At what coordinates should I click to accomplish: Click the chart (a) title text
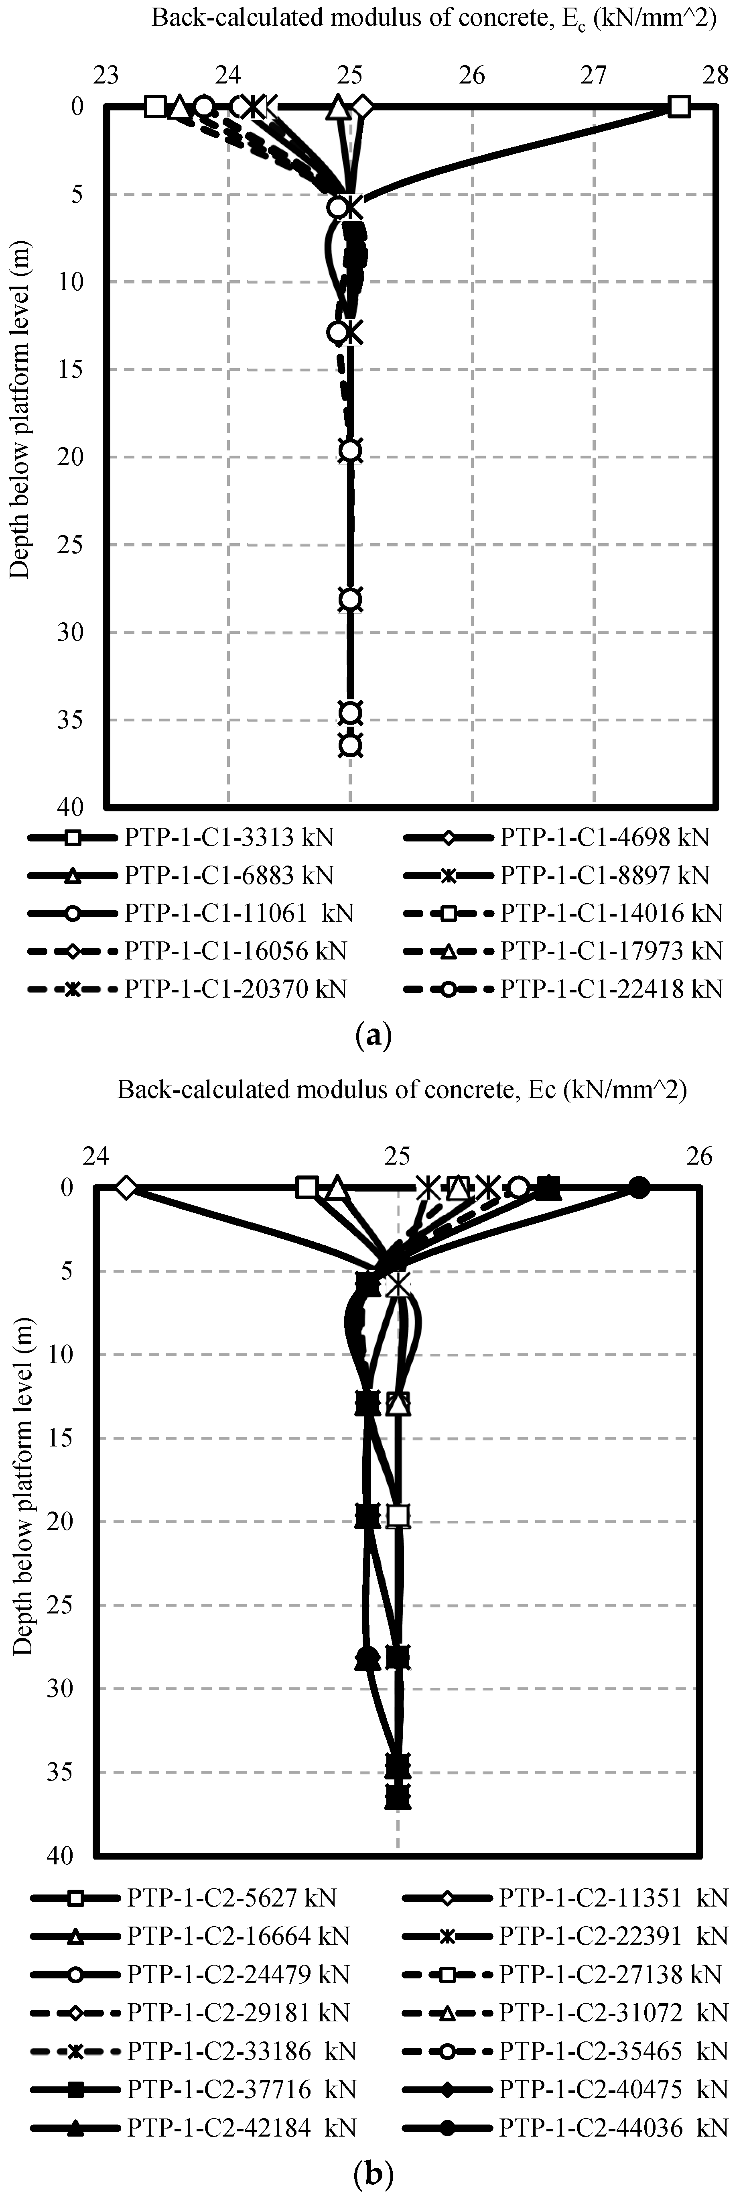pyautogui.click(x=433, y=19)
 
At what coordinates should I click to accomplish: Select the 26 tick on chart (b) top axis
pyautogui.click(x=699, y=1156)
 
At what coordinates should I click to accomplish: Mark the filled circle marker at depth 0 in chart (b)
pyautogui.click(x=639, y=1188)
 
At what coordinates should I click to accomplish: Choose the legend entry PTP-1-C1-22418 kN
pyautogui.click(x=611, y=989)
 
